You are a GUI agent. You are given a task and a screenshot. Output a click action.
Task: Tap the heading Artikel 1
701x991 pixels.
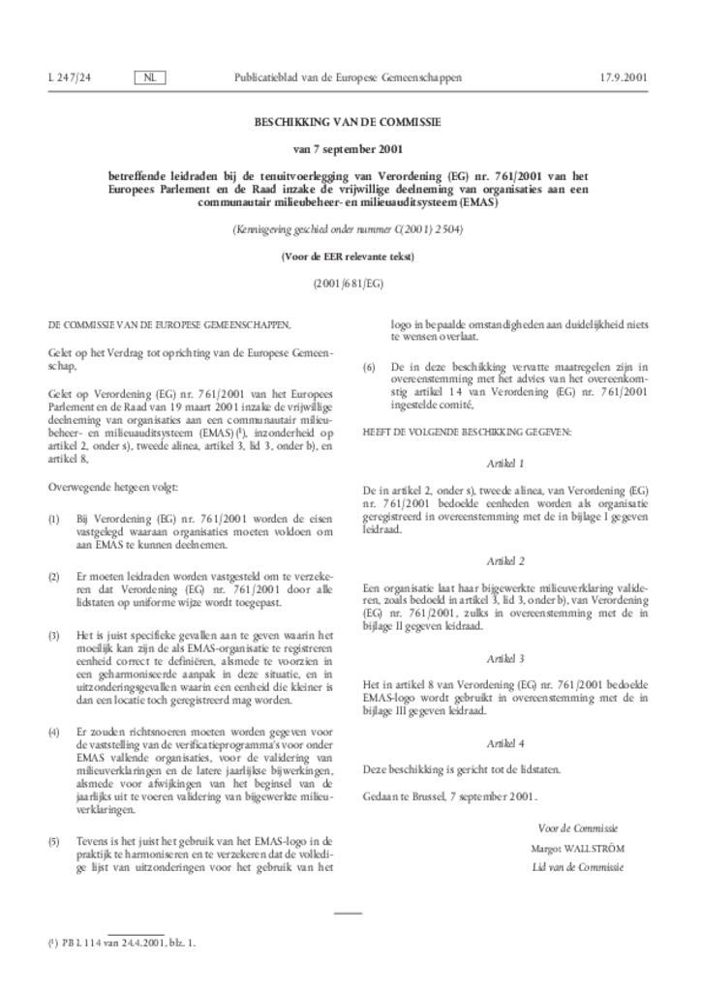506,463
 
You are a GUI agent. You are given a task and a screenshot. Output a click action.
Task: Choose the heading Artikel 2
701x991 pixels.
506,560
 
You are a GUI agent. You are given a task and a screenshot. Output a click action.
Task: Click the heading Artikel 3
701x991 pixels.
506,658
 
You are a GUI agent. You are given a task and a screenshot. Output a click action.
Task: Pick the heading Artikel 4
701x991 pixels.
506,743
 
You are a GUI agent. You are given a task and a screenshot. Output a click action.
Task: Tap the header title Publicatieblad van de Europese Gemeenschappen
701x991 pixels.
348,76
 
